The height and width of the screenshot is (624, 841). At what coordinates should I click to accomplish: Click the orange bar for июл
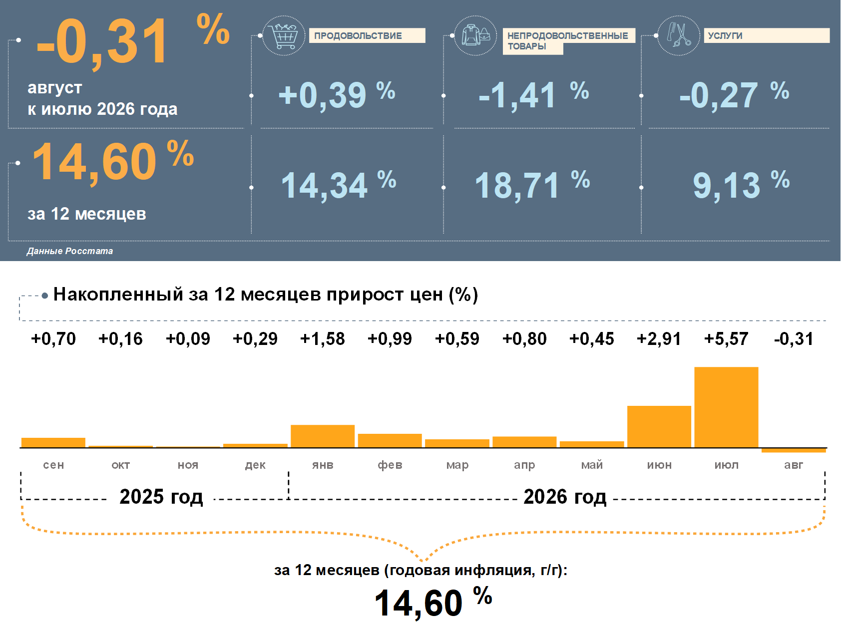[726, 407]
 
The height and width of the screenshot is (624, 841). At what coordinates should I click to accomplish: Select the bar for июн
[659, 426]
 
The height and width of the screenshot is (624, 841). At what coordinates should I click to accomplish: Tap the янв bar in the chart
[323, 436]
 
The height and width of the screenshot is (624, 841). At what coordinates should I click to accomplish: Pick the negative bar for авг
[794, 450]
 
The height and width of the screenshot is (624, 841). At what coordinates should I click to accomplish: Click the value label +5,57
[726, 338]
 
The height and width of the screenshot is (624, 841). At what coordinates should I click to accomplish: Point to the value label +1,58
[323, 338]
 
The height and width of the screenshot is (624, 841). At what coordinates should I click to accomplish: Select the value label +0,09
[188, 338]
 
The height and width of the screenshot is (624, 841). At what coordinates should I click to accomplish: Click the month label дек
[255, 465]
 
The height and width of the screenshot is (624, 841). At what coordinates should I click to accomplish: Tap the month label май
[592, 464]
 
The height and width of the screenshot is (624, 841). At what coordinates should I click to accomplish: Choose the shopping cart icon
[284, 36]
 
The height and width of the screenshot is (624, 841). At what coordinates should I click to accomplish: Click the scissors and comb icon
[679, 35]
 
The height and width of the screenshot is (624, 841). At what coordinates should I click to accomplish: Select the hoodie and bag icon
[475, 35]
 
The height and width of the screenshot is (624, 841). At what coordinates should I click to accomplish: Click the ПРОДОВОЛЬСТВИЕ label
[358, 35]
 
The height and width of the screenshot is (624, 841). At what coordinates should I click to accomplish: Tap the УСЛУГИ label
[725, 35]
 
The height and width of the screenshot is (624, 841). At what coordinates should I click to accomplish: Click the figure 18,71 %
[532, 185]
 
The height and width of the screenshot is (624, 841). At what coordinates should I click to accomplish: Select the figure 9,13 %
[741, 185]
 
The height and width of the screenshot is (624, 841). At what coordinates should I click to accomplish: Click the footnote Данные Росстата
[70, 251]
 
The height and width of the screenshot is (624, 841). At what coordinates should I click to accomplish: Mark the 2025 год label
[161, 497]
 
